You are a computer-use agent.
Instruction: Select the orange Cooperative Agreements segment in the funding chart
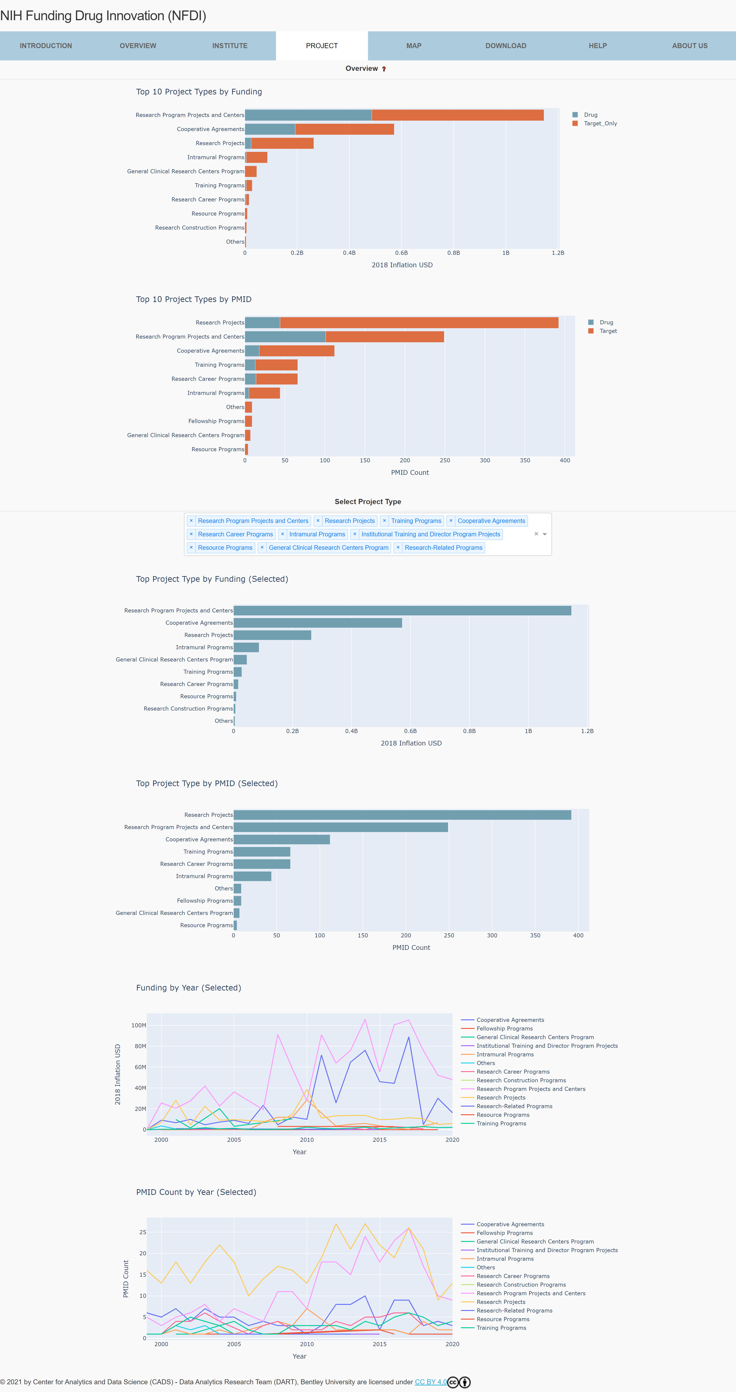[344, 129]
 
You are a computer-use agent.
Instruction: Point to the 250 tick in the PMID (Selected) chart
[448, 935]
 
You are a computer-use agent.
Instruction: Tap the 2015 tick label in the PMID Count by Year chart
[379, 1344]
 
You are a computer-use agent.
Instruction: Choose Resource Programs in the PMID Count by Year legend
[502, 1319]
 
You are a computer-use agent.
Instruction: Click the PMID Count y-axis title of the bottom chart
[126, 1278]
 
